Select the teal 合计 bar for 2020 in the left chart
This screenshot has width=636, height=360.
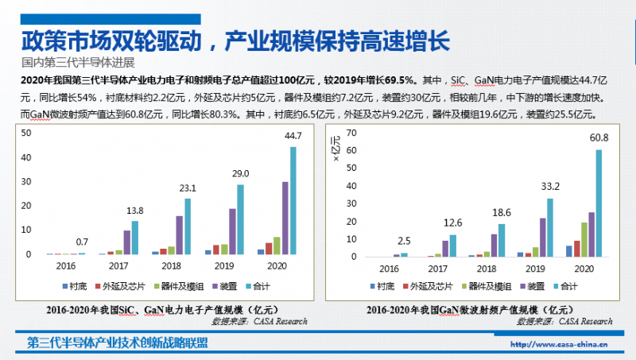[x=293, y=200]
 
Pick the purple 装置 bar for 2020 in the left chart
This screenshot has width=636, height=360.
[x=285, y=218]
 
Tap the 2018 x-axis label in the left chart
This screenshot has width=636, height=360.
[x=173, y=266]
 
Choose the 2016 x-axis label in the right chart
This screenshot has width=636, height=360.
[x=390, y=269]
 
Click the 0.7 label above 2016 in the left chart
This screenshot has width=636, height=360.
[x=81, y=241]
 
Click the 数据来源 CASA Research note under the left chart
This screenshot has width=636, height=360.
[x=258, y=321]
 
